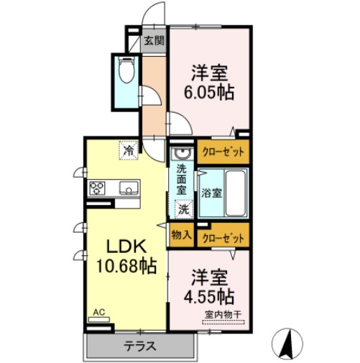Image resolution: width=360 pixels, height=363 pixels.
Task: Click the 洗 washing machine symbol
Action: point(184,210)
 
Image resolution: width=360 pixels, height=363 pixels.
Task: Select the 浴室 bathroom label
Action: point(211,193)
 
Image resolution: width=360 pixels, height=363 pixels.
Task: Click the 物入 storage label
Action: point(180,234)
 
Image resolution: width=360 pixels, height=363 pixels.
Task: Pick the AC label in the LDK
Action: point(98,313)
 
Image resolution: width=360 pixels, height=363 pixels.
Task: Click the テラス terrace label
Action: point(141,346)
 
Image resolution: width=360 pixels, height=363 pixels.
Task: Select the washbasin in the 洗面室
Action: point(181,153)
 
